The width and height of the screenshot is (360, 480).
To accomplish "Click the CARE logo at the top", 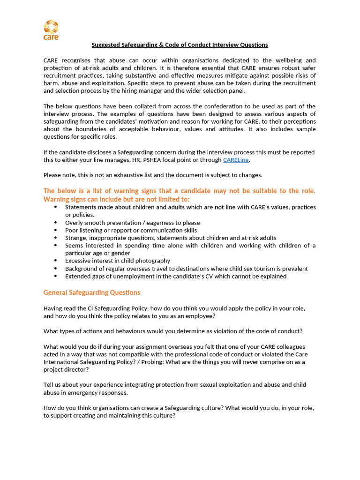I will (51, 30).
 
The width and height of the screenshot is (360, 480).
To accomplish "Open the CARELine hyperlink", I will (236, 160).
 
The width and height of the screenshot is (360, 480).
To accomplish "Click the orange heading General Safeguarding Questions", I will (92, 292).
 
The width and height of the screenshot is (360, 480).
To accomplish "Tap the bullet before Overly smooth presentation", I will (56, 223).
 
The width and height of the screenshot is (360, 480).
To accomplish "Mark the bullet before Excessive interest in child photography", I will (56, 261).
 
